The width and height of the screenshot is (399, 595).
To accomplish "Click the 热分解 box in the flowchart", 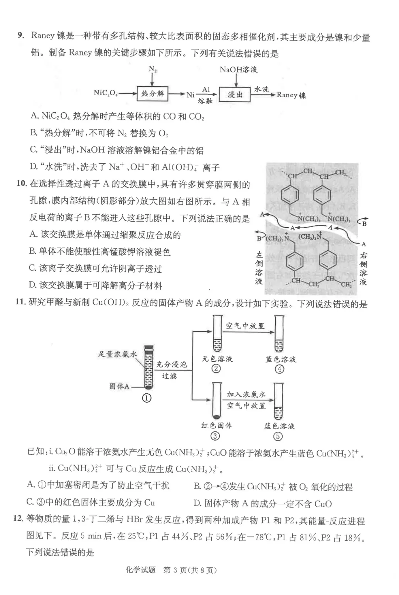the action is (x=153, y=94).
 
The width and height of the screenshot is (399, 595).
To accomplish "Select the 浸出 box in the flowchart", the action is (x=235, y=95).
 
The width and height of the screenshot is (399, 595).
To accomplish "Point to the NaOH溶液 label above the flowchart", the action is (x=238, y=69).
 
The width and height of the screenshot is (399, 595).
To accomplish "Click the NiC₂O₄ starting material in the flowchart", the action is (x=106, y=93).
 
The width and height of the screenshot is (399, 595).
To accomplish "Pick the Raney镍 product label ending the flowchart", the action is (x=291, y=95).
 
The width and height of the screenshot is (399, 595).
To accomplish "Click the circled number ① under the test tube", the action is (x=147, y=398).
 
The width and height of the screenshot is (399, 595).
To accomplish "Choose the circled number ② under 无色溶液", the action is (x=216, y=369).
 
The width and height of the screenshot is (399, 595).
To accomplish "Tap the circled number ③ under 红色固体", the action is (x=215, y=436).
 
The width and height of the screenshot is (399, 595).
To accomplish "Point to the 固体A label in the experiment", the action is (x=119, y=386).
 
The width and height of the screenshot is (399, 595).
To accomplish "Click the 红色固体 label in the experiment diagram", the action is (x=216, y=425).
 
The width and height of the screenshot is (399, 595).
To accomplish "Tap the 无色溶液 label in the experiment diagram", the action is (x=217, y=359).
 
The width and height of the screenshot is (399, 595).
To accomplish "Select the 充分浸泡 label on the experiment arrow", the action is (x=171, y=365).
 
